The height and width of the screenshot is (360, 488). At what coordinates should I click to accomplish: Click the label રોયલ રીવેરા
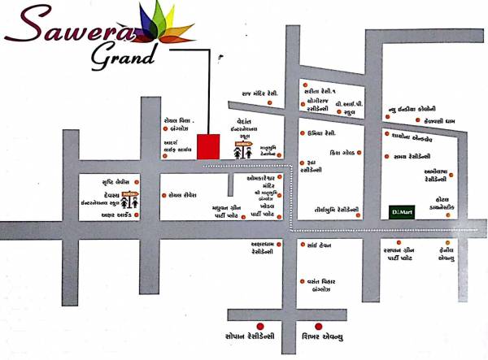pos(186,196)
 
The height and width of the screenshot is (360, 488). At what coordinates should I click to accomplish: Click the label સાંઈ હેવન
pos(318,245)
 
